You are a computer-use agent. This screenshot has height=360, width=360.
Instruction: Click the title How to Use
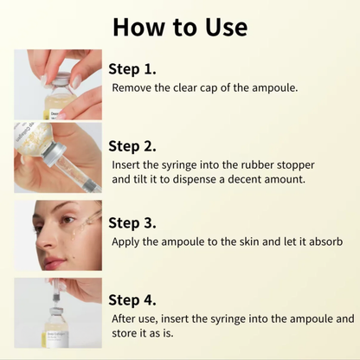click(180, 27)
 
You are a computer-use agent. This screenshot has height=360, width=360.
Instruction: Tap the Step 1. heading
click(132, 68)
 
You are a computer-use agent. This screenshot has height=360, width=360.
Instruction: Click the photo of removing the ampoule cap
click(58, 85)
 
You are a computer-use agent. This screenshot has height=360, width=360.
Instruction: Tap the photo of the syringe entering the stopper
click(58, 157)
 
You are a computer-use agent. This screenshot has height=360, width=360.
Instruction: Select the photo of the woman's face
click(58, 235)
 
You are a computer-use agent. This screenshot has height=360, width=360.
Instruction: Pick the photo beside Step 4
click(58, 312)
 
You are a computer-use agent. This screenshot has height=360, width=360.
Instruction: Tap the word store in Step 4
click(126, 334)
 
